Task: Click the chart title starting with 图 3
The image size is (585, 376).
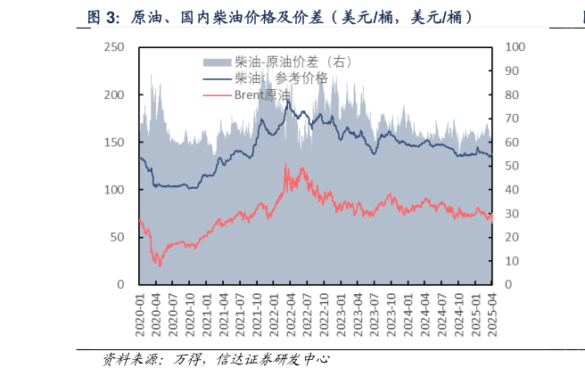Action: (279, 17)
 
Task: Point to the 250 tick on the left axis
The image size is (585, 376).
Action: (113, 47)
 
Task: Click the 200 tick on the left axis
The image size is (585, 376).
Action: (113, 94)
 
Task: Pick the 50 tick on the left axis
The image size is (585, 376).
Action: (117, 237)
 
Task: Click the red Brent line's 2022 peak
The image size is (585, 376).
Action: (285, 163)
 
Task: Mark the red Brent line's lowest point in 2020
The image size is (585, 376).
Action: (160, 266)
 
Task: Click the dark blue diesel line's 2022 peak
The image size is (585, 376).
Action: (286, 101)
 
